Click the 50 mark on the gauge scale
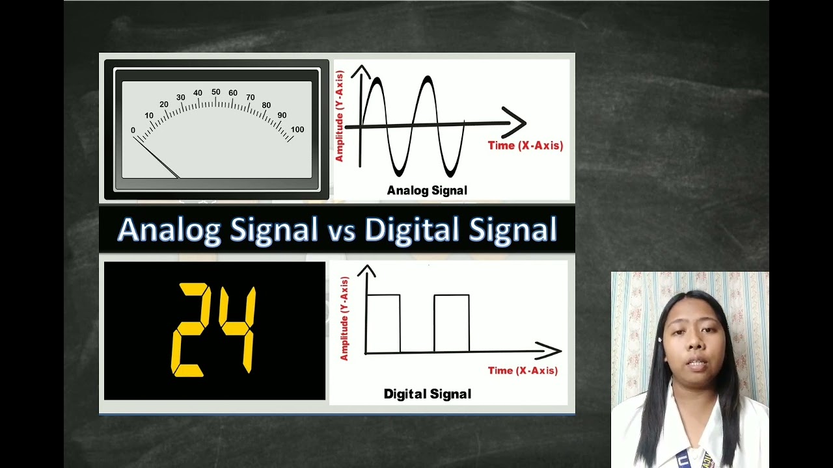coord(216,92)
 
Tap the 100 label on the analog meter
coord(297,129)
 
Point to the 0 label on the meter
coord(133,131)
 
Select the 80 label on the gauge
coord(266,105)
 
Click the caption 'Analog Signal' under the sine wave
coord(427,190)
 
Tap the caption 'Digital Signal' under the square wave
coord(427,394)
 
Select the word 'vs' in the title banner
coord(341,230)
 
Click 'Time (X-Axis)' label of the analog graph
coord(525,146)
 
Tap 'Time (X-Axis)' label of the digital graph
coord(523,370)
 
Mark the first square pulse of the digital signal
coord(383,323)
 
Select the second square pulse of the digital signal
coord(452,323)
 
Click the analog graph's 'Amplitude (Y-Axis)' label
coord(339,116)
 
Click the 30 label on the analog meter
coord(181,97)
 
